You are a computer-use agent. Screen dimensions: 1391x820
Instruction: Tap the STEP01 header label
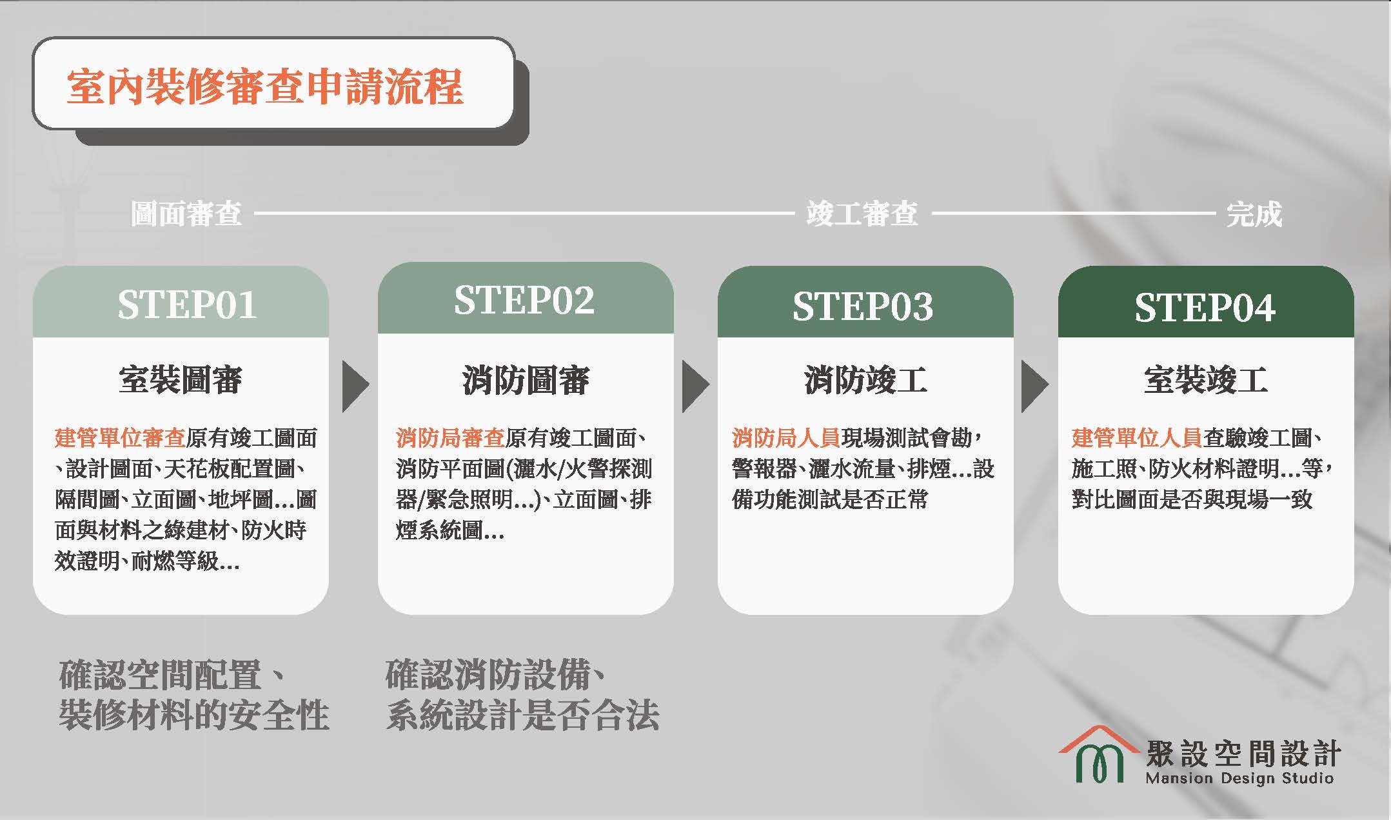187,305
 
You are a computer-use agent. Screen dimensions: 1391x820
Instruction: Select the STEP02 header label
524,300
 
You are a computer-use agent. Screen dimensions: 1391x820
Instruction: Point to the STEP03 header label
863,306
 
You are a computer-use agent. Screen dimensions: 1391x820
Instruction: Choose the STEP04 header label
1205,308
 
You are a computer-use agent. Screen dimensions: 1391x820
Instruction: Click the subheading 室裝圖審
181,380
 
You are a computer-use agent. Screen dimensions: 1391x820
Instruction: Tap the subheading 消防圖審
526,380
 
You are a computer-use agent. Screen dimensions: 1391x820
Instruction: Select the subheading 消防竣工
865,380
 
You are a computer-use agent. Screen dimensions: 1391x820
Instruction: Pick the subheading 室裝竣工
1205,380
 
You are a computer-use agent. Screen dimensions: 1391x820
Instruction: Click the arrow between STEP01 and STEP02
355,386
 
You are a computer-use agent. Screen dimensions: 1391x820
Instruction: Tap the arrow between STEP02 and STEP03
695,386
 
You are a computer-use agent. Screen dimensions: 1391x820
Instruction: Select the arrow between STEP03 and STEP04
1034,386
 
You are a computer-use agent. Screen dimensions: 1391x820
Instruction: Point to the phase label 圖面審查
186,214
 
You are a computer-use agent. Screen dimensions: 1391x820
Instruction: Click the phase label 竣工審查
862,214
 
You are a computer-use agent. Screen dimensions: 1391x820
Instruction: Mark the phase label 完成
1254,214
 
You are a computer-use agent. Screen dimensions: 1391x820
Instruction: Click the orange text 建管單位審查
120,438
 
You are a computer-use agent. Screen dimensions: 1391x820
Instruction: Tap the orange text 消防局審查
450,438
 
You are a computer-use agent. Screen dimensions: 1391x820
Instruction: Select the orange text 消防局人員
786,438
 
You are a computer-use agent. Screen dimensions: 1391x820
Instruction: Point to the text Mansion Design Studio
1239,778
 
